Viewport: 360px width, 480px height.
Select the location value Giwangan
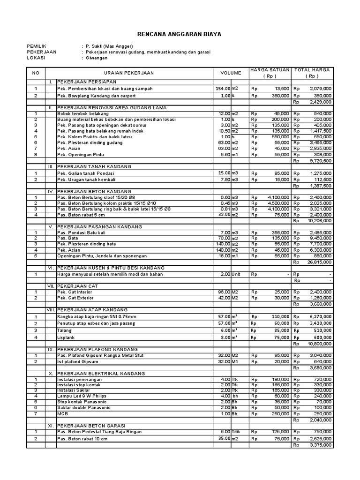[x=96, y=58]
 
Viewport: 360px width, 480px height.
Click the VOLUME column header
[x=231, y=73]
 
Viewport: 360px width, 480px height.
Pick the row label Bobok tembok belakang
[x=81, y=113]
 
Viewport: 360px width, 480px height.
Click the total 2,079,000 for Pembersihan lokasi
[x=321, y=88]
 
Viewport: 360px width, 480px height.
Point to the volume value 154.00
[x=223, y=88]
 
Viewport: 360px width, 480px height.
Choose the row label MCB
[x=62, y=414]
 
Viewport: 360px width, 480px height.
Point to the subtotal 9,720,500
[x=321, y=160]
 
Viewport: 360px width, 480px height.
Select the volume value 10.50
[x=224, y=131]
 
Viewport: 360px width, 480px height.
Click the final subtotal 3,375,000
[x=321, y=445]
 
